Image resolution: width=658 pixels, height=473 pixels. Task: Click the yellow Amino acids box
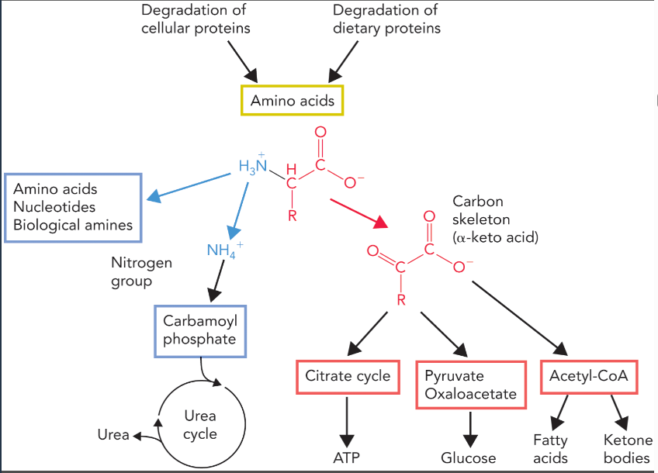[x=292, y=101]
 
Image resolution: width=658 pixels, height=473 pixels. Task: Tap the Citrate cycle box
[x=347, y=377]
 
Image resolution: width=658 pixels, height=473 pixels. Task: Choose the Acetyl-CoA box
[x=588, y=377]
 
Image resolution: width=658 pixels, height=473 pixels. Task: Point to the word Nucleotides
[x=54, y=207]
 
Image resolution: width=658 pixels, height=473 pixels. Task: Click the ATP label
[x=347, y=457]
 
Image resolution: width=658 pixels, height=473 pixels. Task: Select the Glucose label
[x=469, y=457]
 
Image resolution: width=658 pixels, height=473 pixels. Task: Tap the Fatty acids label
[x=550, y=449]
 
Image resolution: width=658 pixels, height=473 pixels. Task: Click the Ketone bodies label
[x=627, y=449]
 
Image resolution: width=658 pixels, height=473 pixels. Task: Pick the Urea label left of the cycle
[x=113, y=434]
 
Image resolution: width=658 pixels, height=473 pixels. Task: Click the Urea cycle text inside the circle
[x=200, y=425]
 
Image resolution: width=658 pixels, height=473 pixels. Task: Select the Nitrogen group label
[x=141, y=271]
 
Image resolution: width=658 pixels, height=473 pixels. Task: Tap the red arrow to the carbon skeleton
[x=358, y=212]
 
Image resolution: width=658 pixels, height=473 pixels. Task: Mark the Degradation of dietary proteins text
[x=386, y=19]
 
